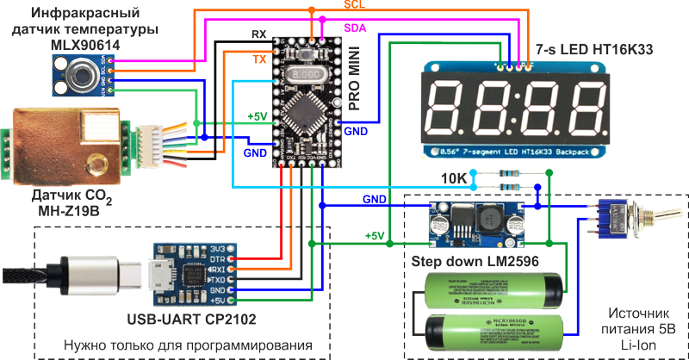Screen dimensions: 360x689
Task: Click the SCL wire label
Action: point(329,5)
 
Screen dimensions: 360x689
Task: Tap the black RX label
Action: point(258,34)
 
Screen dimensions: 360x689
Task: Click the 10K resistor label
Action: point(454,179)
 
